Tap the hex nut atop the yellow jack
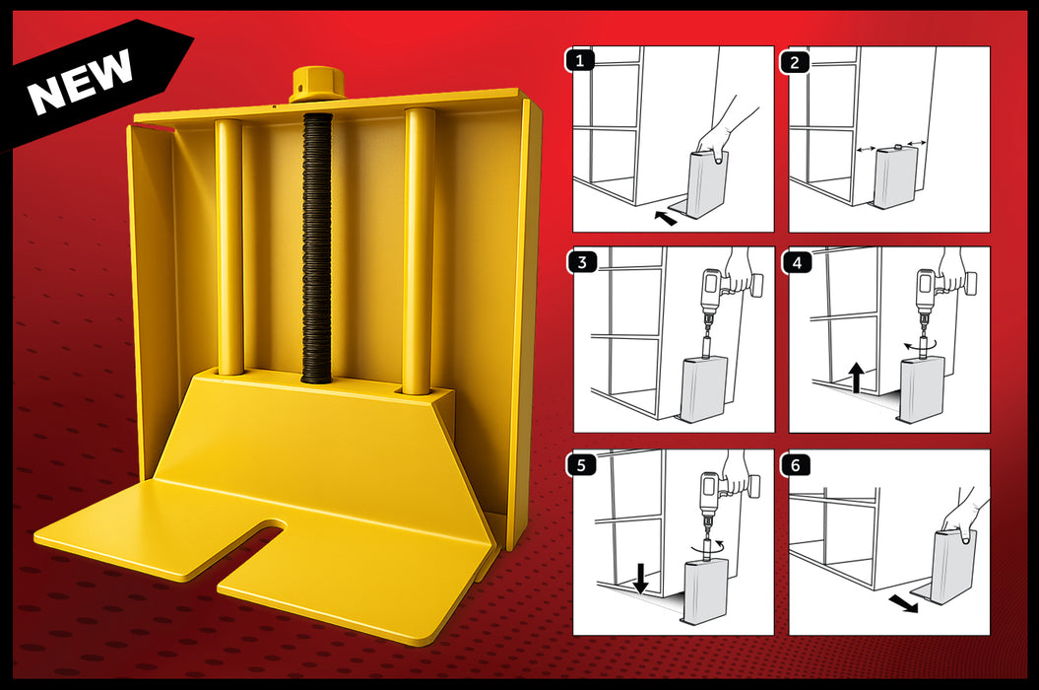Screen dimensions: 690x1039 (x=316, y=85)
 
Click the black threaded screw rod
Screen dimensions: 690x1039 (x=316, y=246)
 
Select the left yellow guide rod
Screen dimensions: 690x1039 (x=229, y=246)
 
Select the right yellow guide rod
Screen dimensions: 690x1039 (x=419, y=251)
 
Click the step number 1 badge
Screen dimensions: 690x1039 (x=581, y=61)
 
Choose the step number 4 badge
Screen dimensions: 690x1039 (x=796, y=262)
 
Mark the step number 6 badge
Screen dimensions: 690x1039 (x=796, y=464)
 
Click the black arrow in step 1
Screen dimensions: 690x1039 (x=667, y=218)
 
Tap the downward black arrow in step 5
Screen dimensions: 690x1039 (x=640, y=578)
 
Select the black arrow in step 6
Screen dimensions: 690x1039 (x=902, y=602)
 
